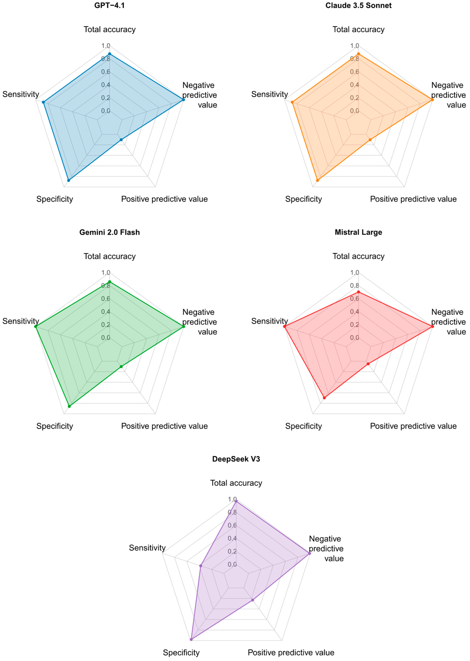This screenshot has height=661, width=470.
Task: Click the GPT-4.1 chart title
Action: [x=109, y=6]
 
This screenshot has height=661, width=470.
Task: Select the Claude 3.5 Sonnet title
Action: [x=358, y=6]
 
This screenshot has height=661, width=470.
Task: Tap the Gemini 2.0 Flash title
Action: [x=109, y=232]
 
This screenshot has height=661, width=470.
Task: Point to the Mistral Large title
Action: [x=358, y=232]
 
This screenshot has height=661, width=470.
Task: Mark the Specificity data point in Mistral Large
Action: [x=324, y=398]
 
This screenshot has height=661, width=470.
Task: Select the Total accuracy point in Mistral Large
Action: [x=358, y=292]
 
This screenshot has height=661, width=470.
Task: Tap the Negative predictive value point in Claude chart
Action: [x=432, y=100]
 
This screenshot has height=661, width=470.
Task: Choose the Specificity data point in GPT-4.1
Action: [x=69, y=180]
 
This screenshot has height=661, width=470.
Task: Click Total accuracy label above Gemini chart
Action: [x=109, y=256]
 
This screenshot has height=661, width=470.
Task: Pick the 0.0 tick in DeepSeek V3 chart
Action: [x=232, y=564]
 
